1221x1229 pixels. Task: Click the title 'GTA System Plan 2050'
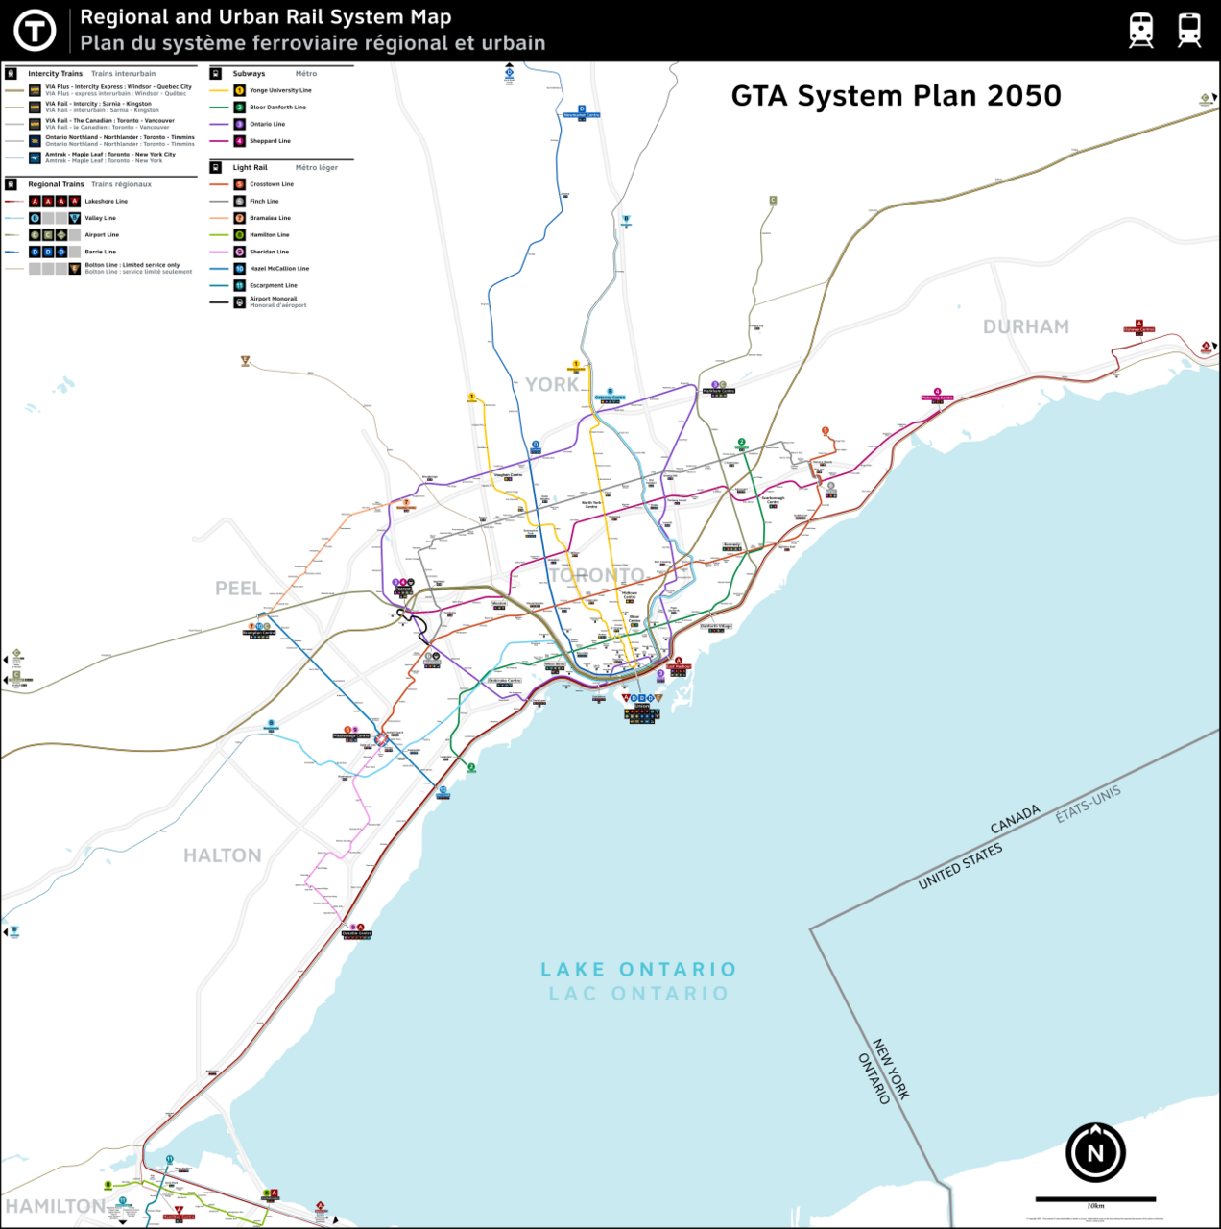[896, 96]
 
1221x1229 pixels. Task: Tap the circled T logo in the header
[35, 31]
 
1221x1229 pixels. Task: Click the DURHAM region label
[1025, 327]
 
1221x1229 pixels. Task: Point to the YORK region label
[552, 385]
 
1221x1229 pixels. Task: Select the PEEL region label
[238, 589]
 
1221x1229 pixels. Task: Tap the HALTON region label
[223, 855]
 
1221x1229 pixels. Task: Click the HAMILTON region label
[56, 1206]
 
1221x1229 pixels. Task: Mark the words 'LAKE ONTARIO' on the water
[638, 970]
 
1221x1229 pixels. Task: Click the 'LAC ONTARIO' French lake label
[638, 994]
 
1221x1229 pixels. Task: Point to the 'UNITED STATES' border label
[960, 866]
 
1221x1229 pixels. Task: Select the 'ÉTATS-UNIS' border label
[1088, 804]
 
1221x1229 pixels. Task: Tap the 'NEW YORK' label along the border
[891, 1069]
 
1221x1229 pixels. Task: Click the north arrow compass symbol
[1095, 1152]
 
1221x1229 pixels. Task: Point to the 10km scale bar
[1095, 1199]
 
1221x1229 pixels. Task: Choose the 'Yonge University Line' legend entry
[280, 90]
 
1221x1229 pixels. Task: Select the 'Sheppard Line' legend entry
[270, 141]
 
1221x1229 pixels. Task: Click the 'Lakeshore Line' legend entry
[106, 202]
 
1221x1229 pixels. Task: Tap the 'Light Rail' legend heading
[250, 167]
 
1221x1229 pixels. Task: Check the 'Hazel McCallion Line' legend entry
[279, 269]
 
